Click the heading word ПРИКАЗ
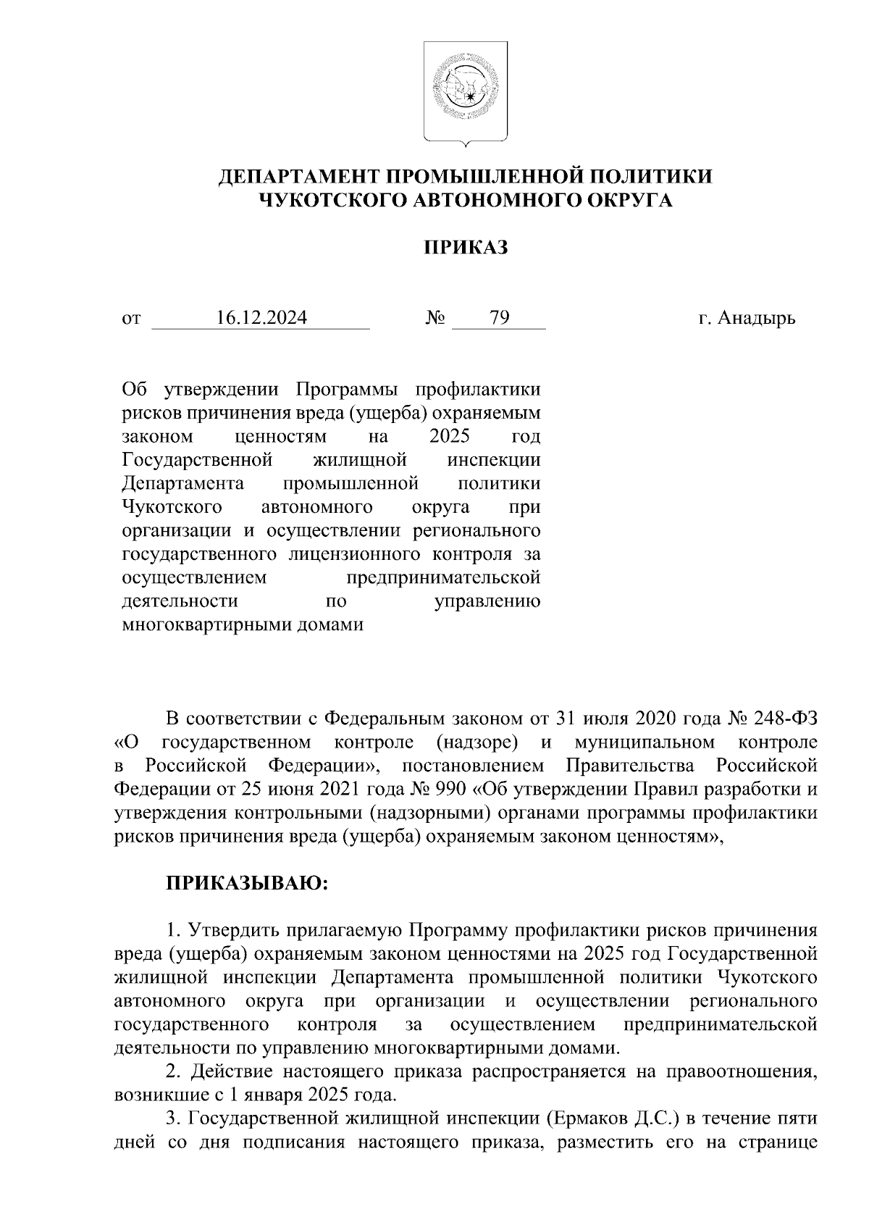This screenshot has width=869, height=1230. (466, 248)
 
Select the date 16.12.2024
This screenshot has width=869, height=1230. (261, 318)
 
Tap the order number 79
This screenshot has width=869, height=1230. (499, 318)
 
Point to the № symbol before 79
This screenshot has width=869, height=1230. (436, 318)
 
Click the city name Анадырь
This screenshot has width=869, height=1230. (756, 318)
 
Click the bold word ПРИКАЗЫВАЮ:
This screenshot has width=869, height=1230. (248, 884)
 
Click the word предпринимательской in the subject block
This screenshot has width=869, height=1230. (443, 578)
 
